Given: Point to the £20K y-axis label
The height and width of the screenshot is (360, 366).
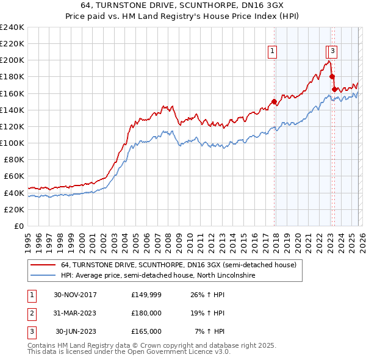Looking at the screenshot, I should click(13, 209).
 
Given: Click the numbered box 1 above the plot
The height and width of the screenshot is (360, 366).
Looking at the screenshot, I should click(272, 52).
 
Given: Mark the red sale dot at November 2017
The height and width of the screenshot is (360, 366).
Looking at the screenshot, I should click(274, 102).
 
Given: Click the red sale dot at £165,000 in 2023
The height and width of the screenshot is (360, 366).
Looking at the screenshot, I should click(334, 90).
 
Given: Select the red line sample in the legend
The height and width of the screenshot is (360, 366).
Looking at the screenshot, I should click(43, 265).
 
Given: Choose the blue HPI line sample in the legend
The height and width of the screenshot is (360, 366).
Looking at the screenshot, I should click(43, 276).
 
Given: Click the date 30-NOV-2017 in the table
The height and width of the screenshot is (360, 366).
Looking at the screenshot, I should click(76, 295).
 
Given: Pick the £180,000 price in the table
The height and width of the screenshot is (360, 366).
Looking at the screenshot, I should click(146, 313).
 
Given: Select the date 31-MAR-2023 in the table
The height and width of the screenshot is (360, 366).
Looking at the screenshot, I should click(76, 313).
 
